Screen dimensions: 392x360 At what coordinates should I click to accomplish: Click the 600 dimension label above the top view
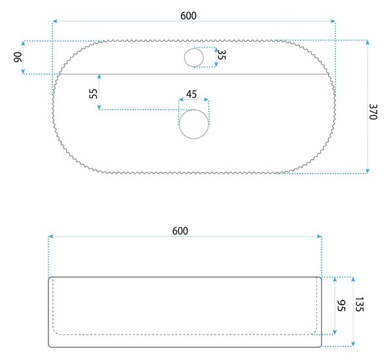[x=188, y=16]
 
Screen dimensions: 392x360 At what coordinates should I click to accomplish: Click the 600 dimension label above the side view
[x=180, y=231]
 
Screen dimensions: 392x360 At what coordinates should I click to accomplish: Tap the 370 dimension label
[x=373, y=112]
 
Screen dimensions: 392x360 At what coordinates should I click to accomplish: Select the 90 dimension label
[x=18, y=57]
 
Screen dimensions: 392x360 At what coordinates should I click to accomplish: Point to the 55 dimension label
[x=93, y=93]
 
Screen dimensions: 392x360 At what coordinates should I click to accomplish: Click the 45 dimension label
[x=191, y=94]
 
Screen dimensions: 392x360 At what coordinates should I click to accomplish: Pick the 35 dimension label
[x=221, y=55]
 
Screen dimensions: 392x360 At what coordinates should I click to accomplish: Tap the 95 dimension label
[x=341, y=306]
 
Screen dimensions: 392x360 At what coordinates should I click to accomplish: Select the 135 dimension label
[x=359, y=304]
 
